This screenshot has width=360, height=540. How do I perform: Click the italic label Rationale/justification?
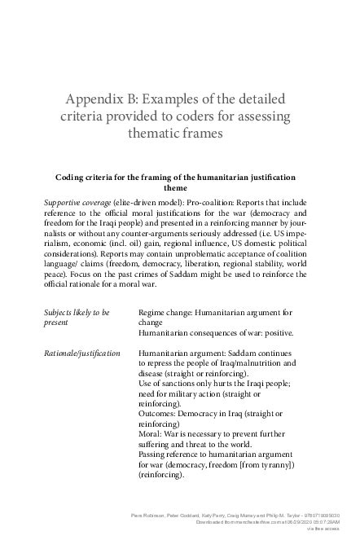[82, 353]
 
